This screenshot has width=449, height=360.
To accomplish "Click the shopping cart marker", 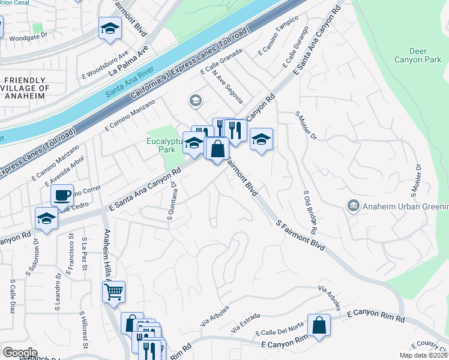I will [x=113, y=292].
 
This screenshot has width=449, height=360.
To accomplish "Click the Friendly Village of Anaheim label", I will [x=24, y=88].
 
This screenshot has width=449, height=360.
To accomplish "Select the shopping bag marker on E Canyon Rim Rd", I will [x=319, y=326].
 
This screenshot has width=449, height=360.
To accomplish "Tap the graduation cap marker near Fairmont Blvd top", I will [x=110, y=29].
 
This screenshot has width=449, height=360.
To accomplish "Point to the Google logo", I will [x=20, y=353].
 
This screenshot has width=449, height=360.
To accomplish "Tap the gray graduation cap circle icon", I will [x=195, y=100].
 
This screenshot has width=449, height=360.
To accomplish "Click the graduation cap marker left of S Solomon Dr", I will [x=46, y=219].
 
